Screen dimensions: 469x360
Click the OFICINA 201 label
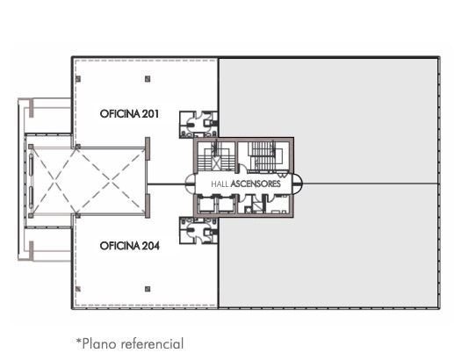click(129, 113)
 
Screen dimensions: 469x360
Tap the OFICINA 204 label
click(129, 246)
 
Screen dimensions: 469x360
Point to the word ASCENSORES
click(256, 184)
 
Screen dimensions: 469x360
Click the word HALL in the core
click(220, 184)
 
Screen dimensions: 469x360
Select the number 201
click(150, 113)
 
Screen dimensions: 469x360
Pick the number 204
click(150, 246)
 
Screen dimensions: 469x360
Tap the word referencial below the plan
click(152, 344)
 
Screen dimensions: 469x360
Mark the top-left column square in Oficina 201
click(78, 79)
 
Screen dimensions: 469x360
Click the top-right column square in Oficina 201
click(148, 79)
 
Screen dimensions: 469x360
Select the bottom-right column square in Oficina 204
click(148, 289)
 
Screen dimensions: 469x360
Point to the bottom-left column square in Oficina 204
click(78, 289)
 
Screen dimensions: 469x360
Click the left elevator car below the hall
click(206, 205)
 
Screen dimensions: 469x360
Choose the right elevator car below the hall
click(226, 205)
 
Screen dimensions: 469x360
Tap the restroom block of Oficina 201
click(198, 125)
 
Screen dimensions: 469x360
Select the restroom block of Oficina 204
click(198, 231)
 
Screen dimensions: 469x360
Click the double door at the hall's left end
click(190, 184)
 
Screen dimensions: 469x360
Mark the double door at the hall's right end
click(298, 184)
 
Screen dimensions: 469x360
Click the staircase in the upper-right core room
click(264, 155)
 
